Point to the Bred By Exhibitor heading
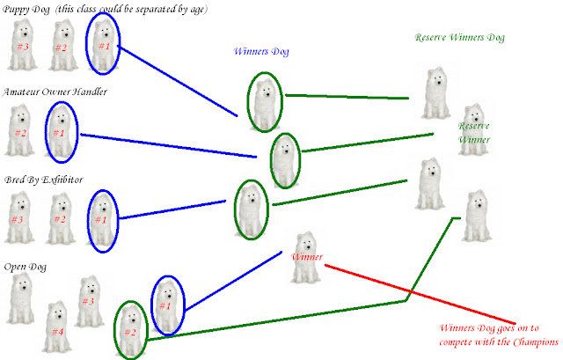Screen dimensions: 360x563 pyautogui.click(x=42, y=180)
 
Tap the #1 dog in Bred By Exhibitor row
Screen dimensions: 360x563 pyautogui.click(x=102, y=218)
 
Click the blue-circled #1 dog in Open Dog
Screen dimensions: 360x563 pyautogui.click(x=166, y=304)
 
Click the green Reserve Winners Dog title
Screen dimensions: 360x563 pyautogui.click(x=460, y=38)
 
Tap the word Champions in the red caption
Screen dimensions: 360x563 pyautogui.click(x=532, y=342)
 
